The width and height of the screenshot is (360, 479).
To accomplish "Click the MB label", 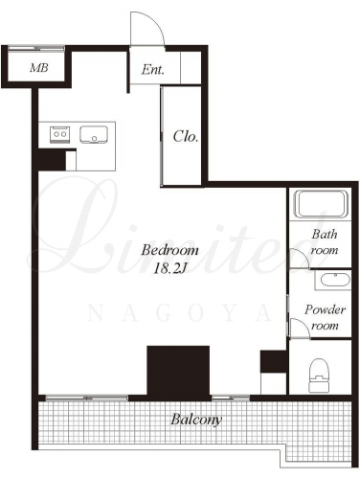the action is pyautogui.click(x=39, y=68).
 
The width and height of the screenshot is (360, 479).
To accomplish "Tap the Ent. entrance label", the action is pyautogui.click(x=153, y=69).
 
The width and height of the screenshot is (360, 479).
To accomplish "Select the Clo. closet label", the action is pyautogui.click(x=186, y=136).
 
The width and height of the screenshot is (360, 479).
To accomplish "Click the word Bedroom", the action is pyautogui.click(x=169, y=250).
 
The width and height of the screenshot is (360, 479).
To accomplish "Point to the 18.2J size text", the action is pyautogui.click(x=169, y=268).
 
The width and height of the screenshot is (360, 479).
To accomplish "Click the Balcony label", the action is pyautogui.click(x=196, y=420).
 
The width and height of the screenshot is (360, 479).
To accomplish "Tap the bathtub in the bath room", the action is pyautogui.click(x=321, y=204).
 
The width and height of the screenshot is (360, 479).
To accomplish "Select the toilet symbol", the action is pyautogui.click(x=319, y=376).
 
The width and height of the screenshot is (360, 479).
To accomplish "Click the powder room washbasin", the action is pyautogui.click(x=335, y=281).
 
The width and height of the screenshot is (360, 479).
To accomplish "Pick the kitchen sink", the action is pyautogui.click(x=94, y=134).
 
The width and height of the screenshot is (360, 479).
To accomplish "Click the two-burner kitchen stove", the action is pyautogui.click(x=59, y=134).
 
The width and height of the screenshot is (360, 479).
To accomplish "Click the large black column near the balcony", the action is pyautogui.click(x=178, y=371).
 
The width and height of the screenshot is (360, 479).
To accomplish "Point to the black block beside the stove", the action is pyautogui.click(x=52, y=160).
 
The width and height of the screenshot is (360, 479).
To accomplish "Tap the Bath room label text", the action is pyautogui.click(x=325, y=242).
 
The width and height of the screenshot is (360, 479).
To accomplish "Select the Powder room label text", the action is pyautogui.click(x=325, y=317).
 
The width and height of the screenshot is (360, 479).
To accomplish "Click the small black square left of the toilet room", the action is pyautogui.click(x=274, y=361).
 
